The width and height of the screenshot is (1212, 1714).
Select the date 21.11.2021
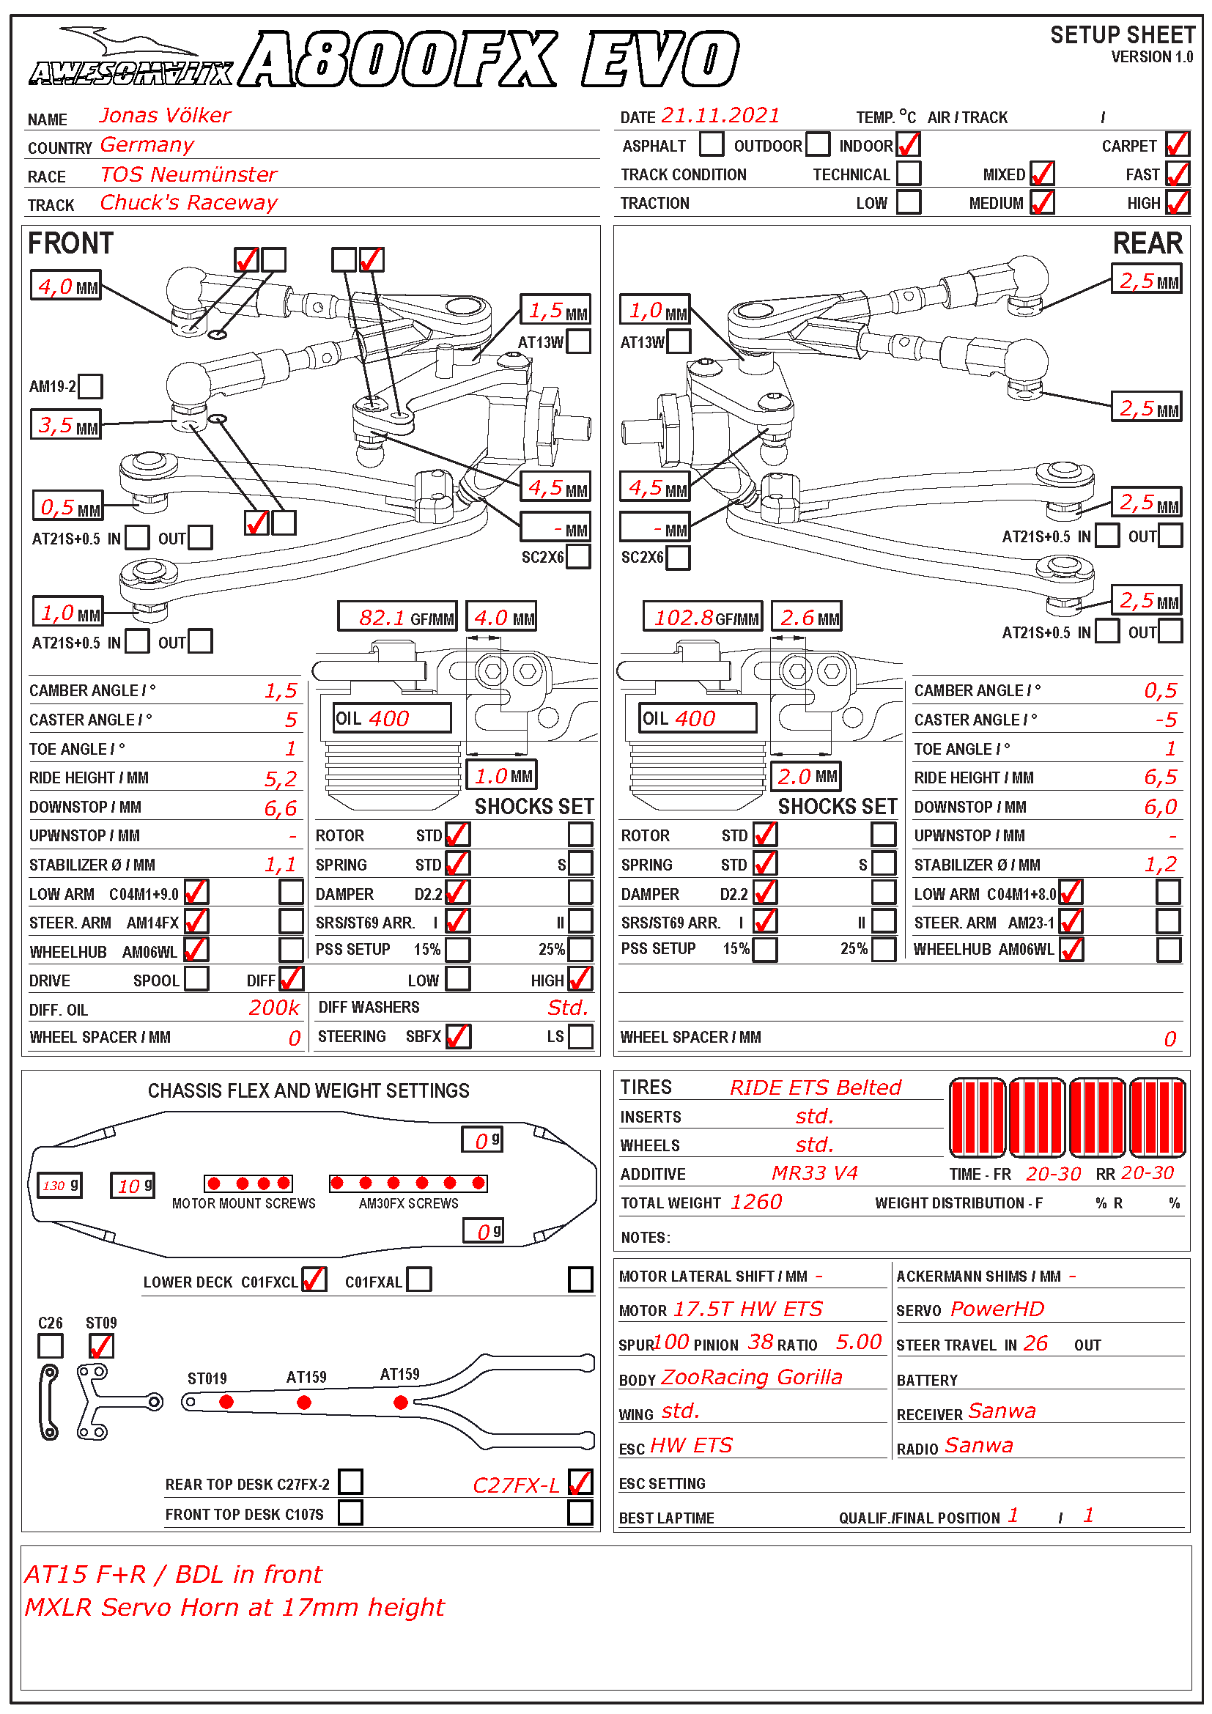pos(720,116)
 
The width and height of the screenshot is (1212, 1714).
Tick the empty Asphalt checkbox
pos(712,144)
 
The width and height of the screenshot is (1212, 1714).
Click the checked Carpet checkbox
pos(1177,144)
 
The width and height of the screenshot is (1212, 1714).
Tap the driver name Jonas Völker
pos(165,116)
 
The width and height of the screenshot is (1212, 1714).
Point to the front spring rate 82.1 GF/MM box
pos(396,617)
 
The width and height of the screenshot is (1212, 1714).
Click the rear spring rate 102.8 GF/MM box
pos(702,617)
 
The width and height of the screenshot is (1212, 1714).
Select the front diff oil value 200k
pos(274,1008)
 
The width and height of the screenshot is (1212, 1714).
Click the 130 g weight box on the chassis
pos(59,1185)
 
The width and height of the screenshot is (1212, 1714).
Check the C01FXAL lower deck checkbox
pos(418,1279)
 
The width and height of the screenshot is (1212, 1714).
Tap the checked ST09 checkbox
pos(100,1345)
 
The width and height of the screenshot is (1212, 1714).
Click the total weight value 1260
pos(756,1202)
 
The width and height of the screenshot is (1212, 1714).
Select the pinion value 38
pos(761,1342)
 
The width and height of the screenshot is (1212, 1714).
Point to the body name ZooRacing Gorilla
pos(752,1377)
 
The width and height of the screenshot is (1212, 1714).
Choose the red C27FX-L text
pos(516,1485)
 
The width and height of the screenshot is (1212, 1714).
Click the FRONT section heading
pos(70,243)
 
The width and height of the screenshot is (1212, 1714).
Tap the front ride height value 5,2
pos(281,779)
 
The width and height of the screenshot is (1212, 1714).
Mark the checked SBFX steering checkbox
pos(457,1036)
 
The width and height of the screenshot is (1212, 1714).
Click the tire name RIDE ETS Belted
pos(815,1087)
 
